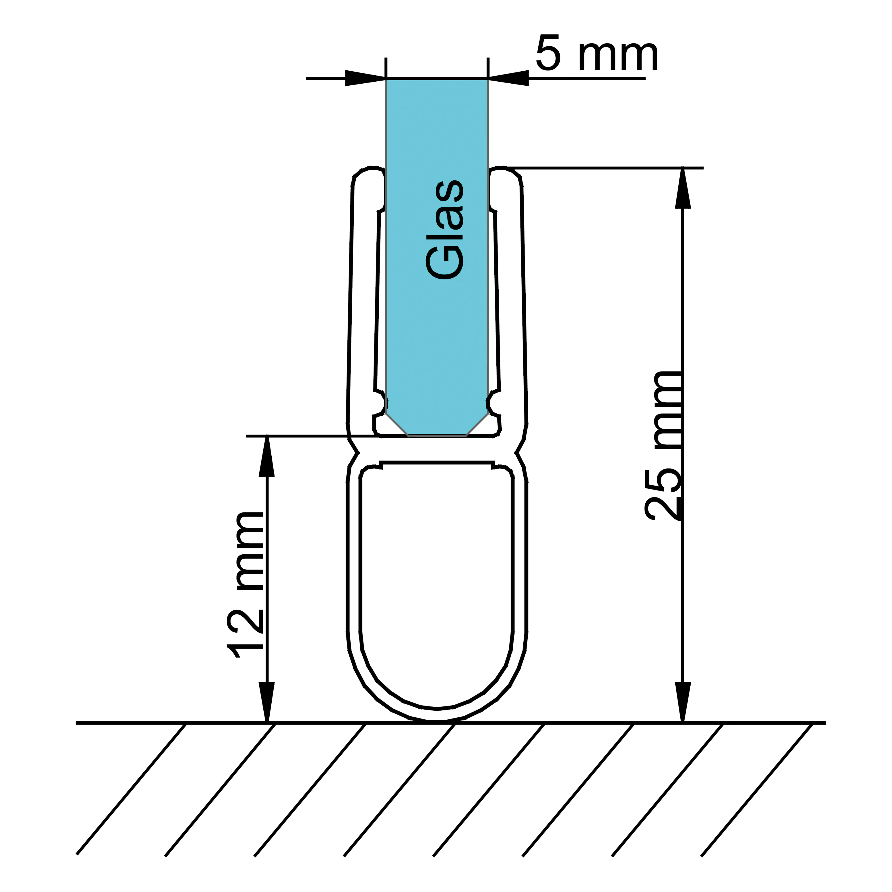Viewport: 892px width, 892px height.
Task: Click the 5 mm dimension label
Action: click(597, 54)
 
